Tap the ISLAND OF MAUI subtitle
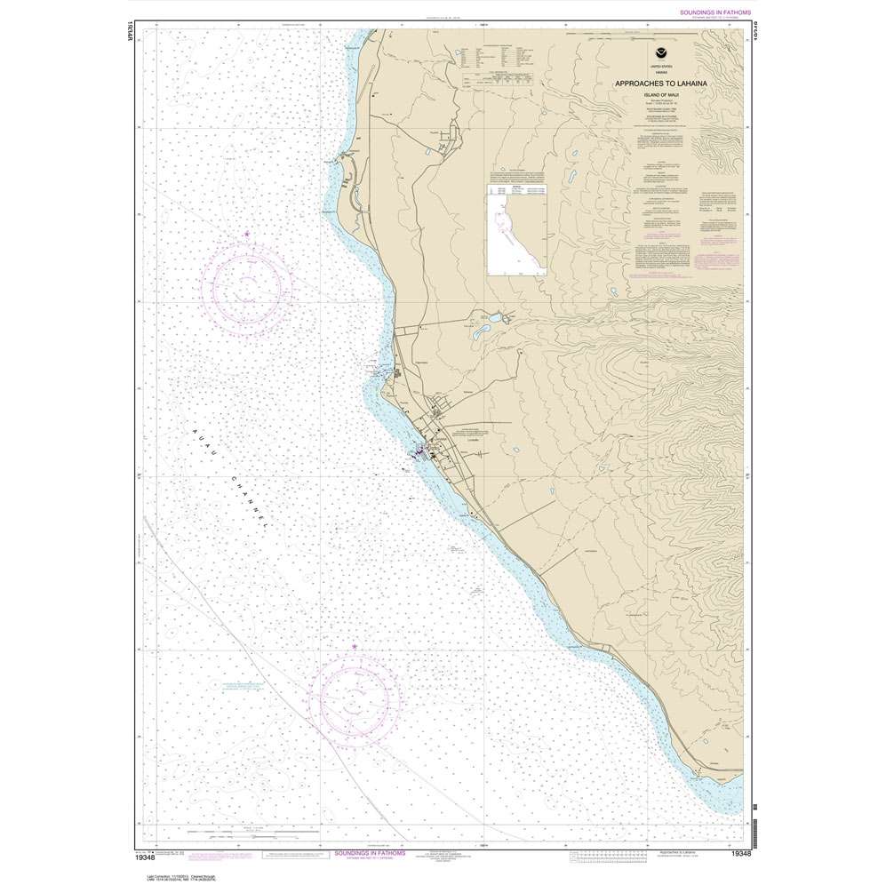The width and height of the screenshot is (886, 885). (661, 93)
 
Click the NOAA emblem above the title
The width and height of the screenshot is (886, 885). (661, 55)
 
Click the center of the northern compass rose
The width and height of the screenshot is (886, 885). (246, 286)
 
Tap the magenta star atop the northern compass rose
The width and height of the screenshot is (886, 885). (246, 235)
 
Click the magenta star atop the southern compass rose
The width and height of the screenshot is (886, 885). (354, 646)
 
